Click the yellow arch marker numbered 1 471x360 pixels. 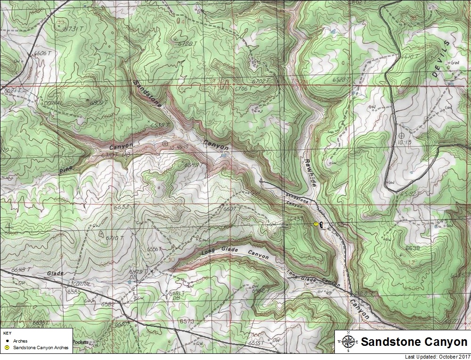pos(316,225)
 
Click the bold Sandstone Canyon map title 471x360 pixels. pos(414,342)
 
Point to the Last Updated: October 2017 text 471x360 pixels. pos(437,357)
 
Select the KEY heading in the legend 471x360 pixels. pos(7,333)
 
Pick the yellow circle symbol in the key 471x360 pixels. pos(7,348)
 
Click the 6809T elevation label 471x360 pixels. pos(99,102)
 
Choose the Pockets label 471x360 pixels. pos(81,343)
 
